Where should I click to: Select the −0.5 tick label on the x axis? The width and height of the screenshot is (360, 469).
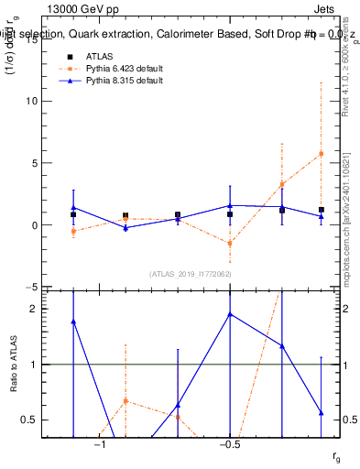(x=229, y=445)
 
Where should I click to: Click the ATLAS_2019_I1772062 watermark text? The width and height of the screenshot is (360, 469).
(x=190, y=274)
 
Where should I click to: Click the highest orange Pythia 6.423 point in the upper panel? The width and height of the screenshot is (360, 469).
(x=321, y=154)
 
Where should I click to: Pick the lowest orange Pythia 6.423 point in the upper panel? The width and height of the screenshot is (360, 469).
(x=230, y=244)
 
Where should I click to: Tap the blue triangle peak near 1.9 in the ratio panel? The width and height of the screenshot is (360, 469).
(x=230, y=314)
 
